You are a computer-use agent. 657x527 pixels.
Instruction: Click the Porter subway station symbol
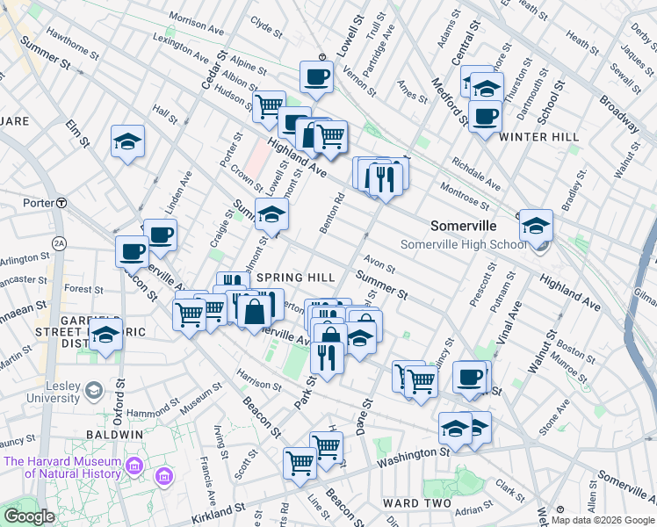click(61, 203)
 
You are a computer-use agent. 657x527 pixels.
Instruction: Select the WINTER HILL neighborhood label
click(538, 137)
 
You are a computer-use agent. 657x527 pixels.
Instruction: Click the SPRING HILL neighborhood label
click(295, 277)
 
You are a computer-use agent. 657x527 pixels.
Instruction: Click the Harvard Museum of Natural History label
click(61, 467)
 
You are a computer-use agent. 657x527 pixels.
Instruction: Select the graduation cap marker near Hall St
click(127, 141)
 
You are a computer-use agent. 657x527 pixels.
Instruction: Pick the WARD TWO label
click(416, 503)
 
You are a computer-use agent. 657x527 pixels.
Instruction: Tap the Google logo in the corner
click(29, 516)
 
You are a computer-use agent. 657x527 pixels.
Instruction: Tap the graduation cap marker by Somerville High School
click(535, 226)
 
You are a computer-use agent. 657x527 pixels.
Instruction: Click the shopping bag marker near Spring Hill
click(254, 310)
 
